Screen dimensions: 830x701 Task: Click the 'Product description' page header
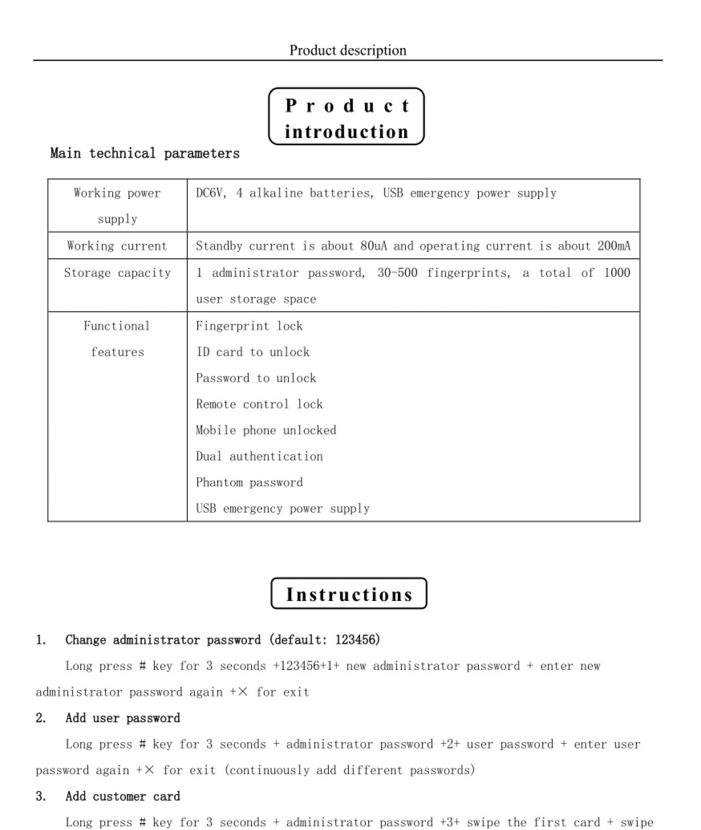click(x=348, y=50)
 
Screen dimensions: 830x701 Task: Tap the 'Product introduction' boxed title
click(x=346, y=118)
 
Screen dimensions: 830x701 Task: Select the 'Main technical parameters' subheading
click(x=145, y=153)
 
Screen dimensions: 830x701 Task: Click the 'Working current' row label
click(x=117, y=246)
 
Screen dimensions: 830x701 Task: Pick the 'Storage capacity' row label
click(x=117, y=273)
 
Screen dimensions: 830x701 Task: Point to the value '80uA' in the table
click(x=373, y=246)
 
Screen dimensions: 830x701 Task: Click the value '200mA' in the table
click(x=613, y=246)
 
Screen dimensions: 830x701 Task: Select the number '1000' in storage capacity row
click(x=616, y=273)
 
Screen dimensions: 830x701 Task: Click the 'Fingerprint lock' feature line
click(x=249, y=326)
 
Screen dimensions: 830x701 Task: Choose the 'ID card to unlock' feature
click(x=253, y=352)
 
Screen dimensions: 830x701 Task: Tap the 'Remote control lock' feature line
click(x=259, y=404)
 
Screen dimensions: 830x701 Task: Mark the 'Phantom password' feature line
click(x=249, y=483)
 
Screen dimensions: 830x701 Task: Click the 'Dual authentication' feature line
click(x=259, y=457)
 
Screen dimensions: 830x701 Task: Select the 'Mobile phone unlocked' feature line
click(x=266, y=430)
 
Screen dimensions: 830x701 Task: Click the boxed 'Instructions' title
click(x=349, y=594)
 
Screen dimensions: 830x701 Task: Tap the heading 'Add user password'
click(x=123, y=718)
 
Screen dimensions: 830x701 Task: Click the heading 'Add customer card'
click(x=123, y=797)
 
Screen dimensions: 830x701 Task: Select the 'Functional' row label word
click(x=117, y=326)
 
